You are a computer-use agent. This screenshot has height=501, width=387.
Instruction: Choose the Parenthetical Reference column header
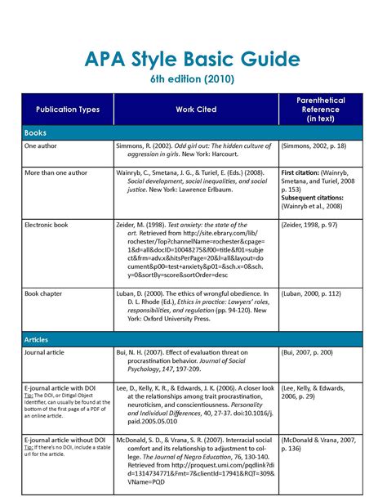pyautogui.click(x=321, y=110)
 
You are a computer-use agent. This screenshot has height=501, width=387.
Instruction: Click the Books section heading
pyautogui.click(x=37, y=131)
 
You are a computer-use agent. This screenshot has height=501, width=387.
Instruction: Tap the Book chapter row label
pyautogui.click(x=47, y=292)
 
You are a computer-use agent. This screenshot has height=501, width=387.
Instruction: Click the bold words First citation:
pyautogui.click(x=305, y=174)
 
